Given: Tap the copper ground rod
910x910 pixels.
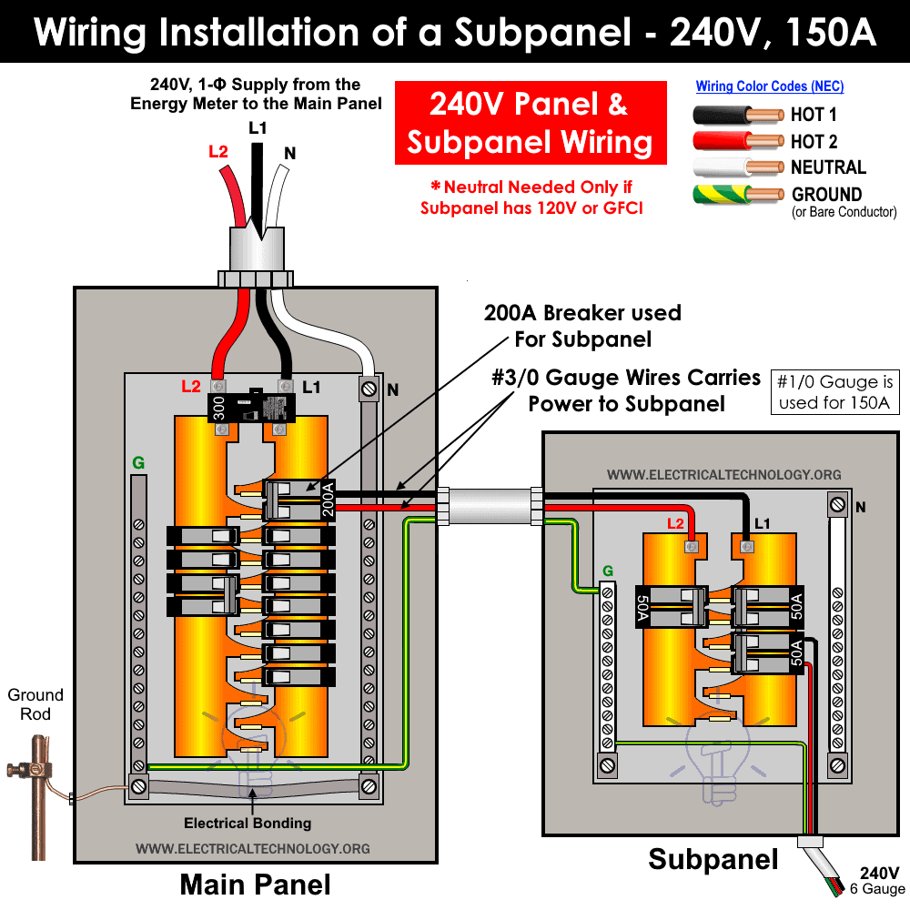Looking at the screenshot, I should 36,792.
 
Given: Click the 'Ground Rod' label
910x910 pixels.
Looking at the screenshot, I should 35,704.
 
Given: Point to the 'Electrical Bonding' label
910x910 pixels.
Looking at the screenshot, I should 248,823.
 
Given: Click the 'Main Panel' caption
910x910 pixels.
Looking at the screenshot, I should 255,884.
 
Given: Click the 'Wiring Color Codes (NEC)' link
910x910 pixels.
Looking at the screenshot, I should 770,86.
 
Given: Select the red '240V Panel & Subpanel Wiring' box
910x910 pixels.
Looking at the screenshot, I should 530,123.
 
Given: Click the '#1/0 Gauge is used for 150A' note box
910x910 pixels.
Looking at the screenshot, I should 834,391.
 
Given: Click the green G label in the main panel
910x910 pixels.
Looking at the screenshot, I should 138,463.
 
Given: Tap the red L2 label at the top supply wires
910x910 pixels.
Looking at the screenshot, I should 218,152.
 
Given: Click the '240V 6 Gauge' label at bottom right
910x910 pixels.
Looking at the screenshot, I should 879,880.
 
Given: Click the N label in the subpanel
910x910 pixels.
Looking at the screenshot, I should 861,507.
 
